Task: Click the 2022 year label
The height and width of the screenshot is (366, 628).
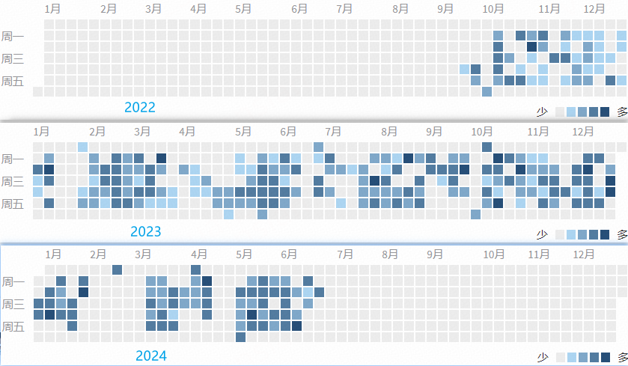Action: click(x=140, y=107)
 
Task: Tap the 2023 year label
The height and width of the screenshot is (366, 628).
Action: click(x=145, y=231)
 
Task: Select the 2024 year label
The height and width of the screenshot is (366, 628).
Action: click(x=151, y=356)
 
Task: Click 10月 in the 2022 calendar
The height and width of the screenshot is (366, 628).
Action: click(x=493, y=9)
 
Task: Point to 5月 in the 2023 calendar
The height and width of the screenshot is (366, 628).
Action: click(x=243, y=131)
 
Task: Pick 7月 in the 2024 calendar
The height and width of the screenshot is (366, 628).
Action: click(x=344, y=254)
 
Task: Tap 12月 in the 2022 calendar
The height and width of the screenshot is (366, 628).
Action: click(x=594, y=9)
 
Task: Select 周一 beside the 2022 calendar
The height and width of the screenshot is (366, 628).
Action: click(x=12, y=36)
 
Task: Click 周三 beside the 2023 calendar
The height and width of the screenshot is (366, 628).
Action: click(x=12, y=181)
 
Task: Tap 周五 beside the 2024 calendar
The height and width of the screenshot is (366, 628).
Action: click(x=12, y=326)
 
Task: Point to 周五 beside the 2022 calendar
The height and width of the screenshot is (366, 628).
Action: click(x=12, y=81)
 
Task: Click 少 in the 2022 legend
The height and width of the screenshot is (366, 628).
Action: click(x=542, y=112)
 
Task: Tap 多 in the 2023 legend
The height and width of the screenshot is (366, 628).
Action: click(x=622, y=235)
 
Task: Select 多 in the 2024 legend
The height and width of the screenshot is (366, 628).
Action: click(x=622, y=358)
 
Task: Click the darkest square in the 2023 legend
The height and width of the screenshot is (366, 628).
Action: click(x=605, y=235)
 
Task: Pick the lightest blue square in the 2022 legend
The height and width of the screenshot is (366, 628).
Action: click(x=571, y=112)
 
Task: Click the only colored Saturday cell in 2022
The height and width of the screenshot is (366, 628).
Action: click(x=487, y=92)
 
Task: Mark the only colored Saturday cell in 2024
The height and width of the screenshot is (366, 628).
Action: click(x=240, y=338)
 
